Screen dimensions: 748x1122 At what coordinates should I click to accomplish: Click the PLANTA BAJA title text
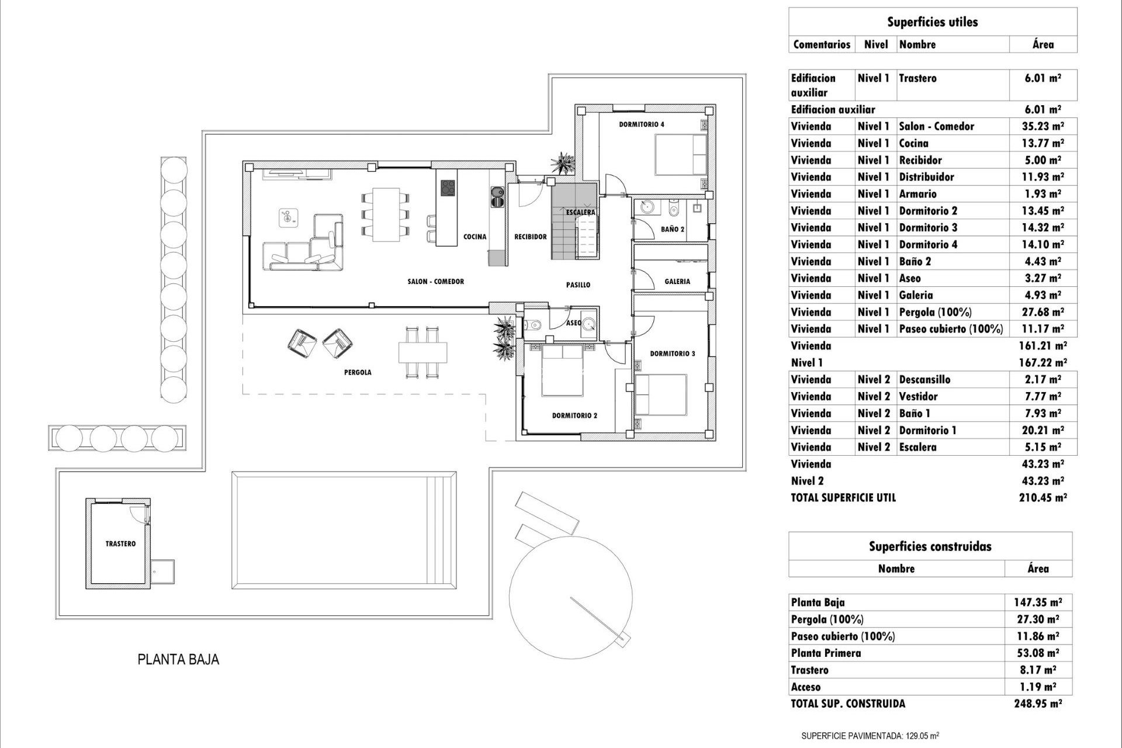(178, 660)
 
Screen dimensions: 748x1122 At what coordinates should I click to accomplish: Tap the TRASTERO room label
(120, 543)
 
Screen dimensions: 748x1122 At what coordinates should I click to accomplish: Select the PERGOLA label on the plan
(358, 372)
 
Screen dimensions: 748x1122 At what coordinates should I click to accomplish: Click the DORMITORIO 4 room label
(642, 124)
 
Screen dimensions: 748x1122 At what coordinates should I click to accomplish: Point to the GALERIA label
(677, 281)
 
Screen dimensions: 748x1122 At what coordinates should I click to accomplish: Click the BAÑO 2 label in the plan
(673, 229)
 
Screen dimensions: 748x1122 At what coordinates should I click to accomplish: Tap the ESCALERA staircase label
(580, 212)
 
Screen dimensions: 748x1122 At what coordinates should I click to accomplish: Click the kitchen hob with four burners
(448, 188)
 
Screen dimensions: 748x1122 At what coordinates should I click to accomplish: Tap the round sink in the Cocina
(497, 192)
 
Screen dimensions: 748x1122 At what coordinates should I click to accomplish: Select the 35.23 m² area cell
(1044, 126)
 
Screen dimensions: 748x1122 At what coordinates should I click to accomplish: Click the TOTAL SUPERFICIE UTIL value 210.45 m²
(1043, 498)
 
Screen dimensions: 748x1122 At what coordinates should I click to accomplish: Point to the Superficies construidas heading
(930, 546)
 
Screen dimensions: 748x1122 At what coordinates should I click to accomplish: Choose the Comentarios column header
(822, 44)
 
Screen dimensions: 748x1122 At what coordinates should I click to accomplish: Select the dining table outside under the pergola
(423, 352)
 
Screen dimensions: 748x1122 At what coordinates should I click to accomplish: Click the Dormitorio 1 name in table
(927, 430)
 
